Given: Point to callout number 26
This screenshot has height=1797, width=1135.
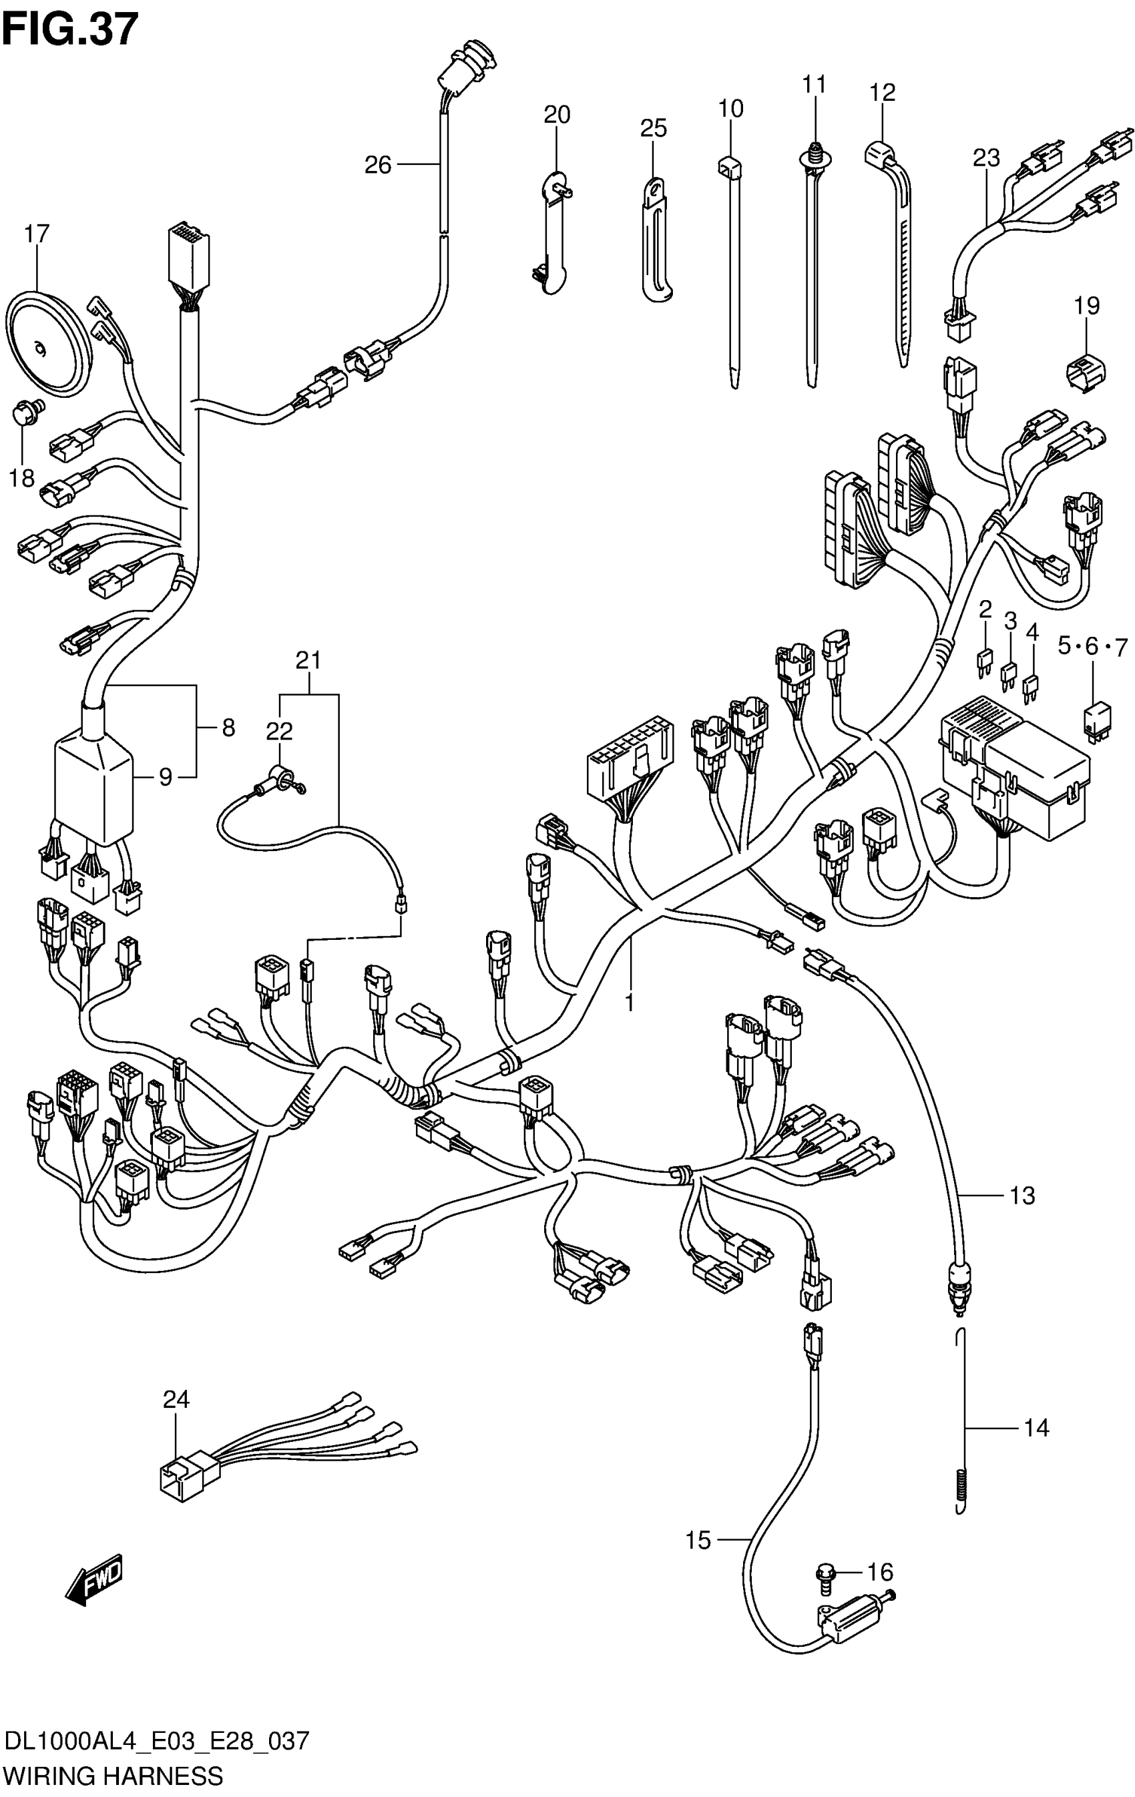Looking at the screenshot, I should (378, 165).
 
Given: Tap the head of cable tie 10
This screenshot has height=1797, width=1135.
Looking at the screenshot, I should (729, 166).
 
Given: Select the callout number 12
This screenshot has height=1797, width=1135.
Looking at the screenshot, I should (882, 93).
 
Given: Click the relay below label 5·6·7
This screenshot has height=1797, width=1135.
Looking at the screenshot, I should (1096, 720).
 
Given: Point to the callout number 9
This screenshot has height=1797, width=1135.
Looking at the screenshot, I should (166, 777).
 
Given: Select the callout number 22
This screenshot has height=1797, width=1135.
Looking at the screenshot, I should (279, 732).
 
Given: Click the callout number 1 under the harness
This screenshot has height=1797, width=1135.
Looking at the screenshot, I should (630, 1002).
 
